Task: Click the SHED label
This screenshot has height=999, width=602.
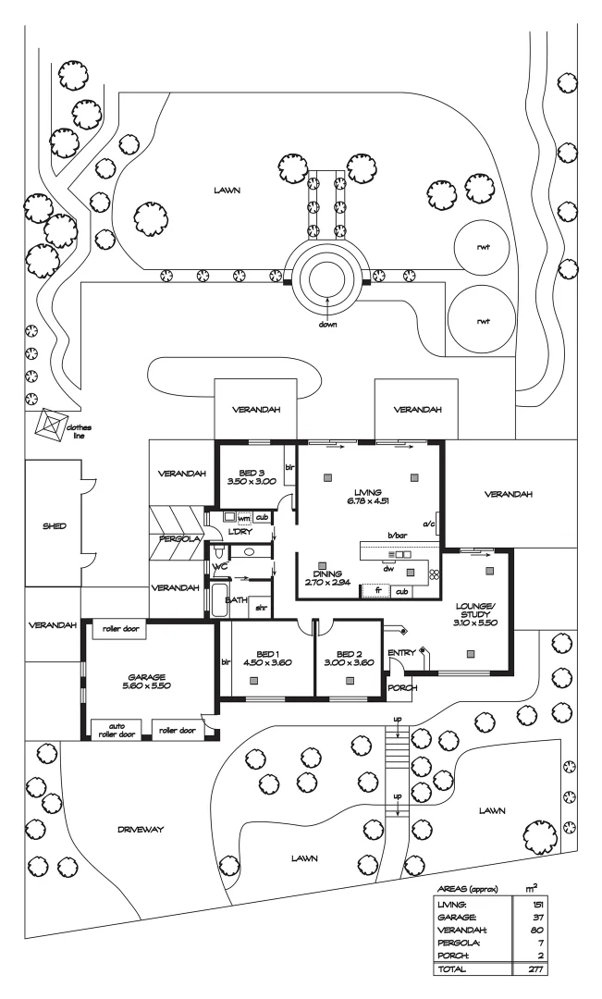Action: pyautogui.click(x=42, y=526)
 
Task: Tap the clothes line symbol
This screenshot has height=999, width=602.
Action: pyautogui.click(x=51, y=426)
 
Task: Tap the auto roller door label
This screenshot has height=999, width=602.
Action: pyautogui.click(x=117, y=730)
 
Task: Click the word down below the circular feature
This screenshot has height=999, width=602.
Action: pyautogui.click(x=326, y=325)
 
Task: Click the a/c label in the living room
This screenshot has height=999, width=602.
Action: pyautogui.click(x=429, y=524)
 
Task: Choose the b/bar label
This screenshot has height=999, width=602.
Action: pyautogui.click(x=399, y=536)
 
